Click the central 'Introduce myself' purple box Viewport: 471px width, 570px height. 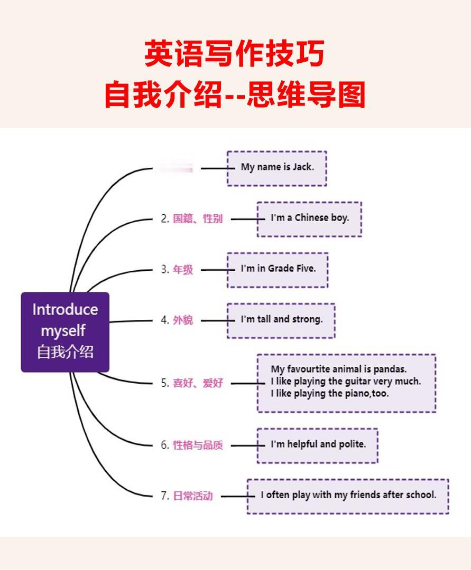pyautogui.click(x=65, y=332)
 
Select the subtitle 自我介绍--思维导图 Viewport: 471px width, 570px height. pyautogui.click(x=235, y=96)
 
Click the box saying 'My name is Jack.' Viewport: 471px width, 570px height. pyautogui.click(x=277, y=168)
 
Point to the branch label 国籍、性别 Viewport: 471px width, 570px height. pyautogui.click(x=198, y=218)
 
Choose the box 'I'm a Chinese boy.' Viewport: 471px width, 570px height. pyautogui.click(x=309, y=218)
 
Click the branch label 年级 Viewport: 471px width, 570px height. pyautogui.click(x=183, y=270)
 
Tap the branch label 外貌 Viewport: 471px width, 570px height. pyautogui.click(x=183, y=320)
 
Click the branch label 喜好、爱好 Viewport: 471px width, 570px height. pyautogui.click(x=198, y=384)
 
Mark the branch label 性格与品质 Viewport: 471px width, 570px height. pyautogui.click(x=198, y=445)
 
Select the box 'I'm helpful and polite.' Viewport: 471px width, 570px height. pyautogui.click(x=317, y=445)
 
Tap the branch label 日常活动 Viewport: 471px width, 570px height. pyautogui.click(x=193, y=496)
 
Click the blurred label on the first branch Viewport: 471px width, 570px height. pyautogui.click(x=174, y=168)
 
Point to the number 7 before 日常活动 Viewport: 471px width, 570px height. pyautogui.click(x=164, y=496)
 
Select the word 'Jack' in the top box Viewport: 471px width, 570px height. pyautogui.click(x=303, y=167)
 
